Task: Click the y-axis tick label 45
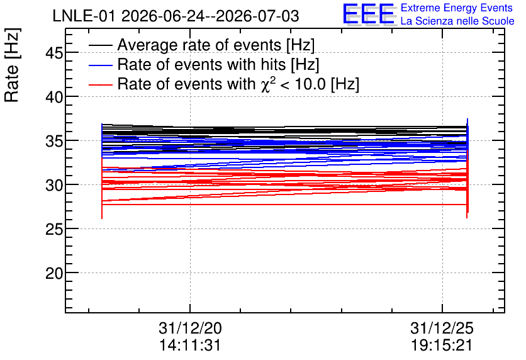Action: (54, 53)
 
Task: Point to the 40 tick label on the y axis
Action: (54, 97)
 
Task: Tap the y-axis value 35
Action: (54, 141)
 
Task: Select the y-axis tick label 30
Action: (54, 185)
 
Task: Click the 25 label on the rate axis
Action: (54, 229)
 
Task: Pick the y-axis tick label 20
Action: (54, 273)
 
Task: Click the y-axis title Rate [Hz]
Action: (12, 65)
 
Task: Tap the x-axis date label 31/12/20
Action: (190, 328)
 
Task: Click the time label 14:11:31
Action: (190, 345)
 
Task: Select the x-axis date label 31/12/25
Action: (442, 328)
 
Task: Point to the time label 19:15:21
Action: (442, 345)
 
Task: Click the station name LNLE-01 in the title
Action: (85, 16)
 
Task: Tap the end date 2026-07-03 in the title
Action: (257, 16)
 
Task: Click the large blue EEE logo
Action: (369, 14)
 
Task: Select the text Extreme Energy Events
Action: (457, 8)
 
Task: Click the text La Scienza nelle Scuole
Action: (457, 21)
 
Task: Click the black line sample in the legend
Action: (100, 45)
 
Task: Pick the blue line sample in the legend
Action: (100, 65)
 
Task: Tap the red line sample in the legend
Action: (100, 84)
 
